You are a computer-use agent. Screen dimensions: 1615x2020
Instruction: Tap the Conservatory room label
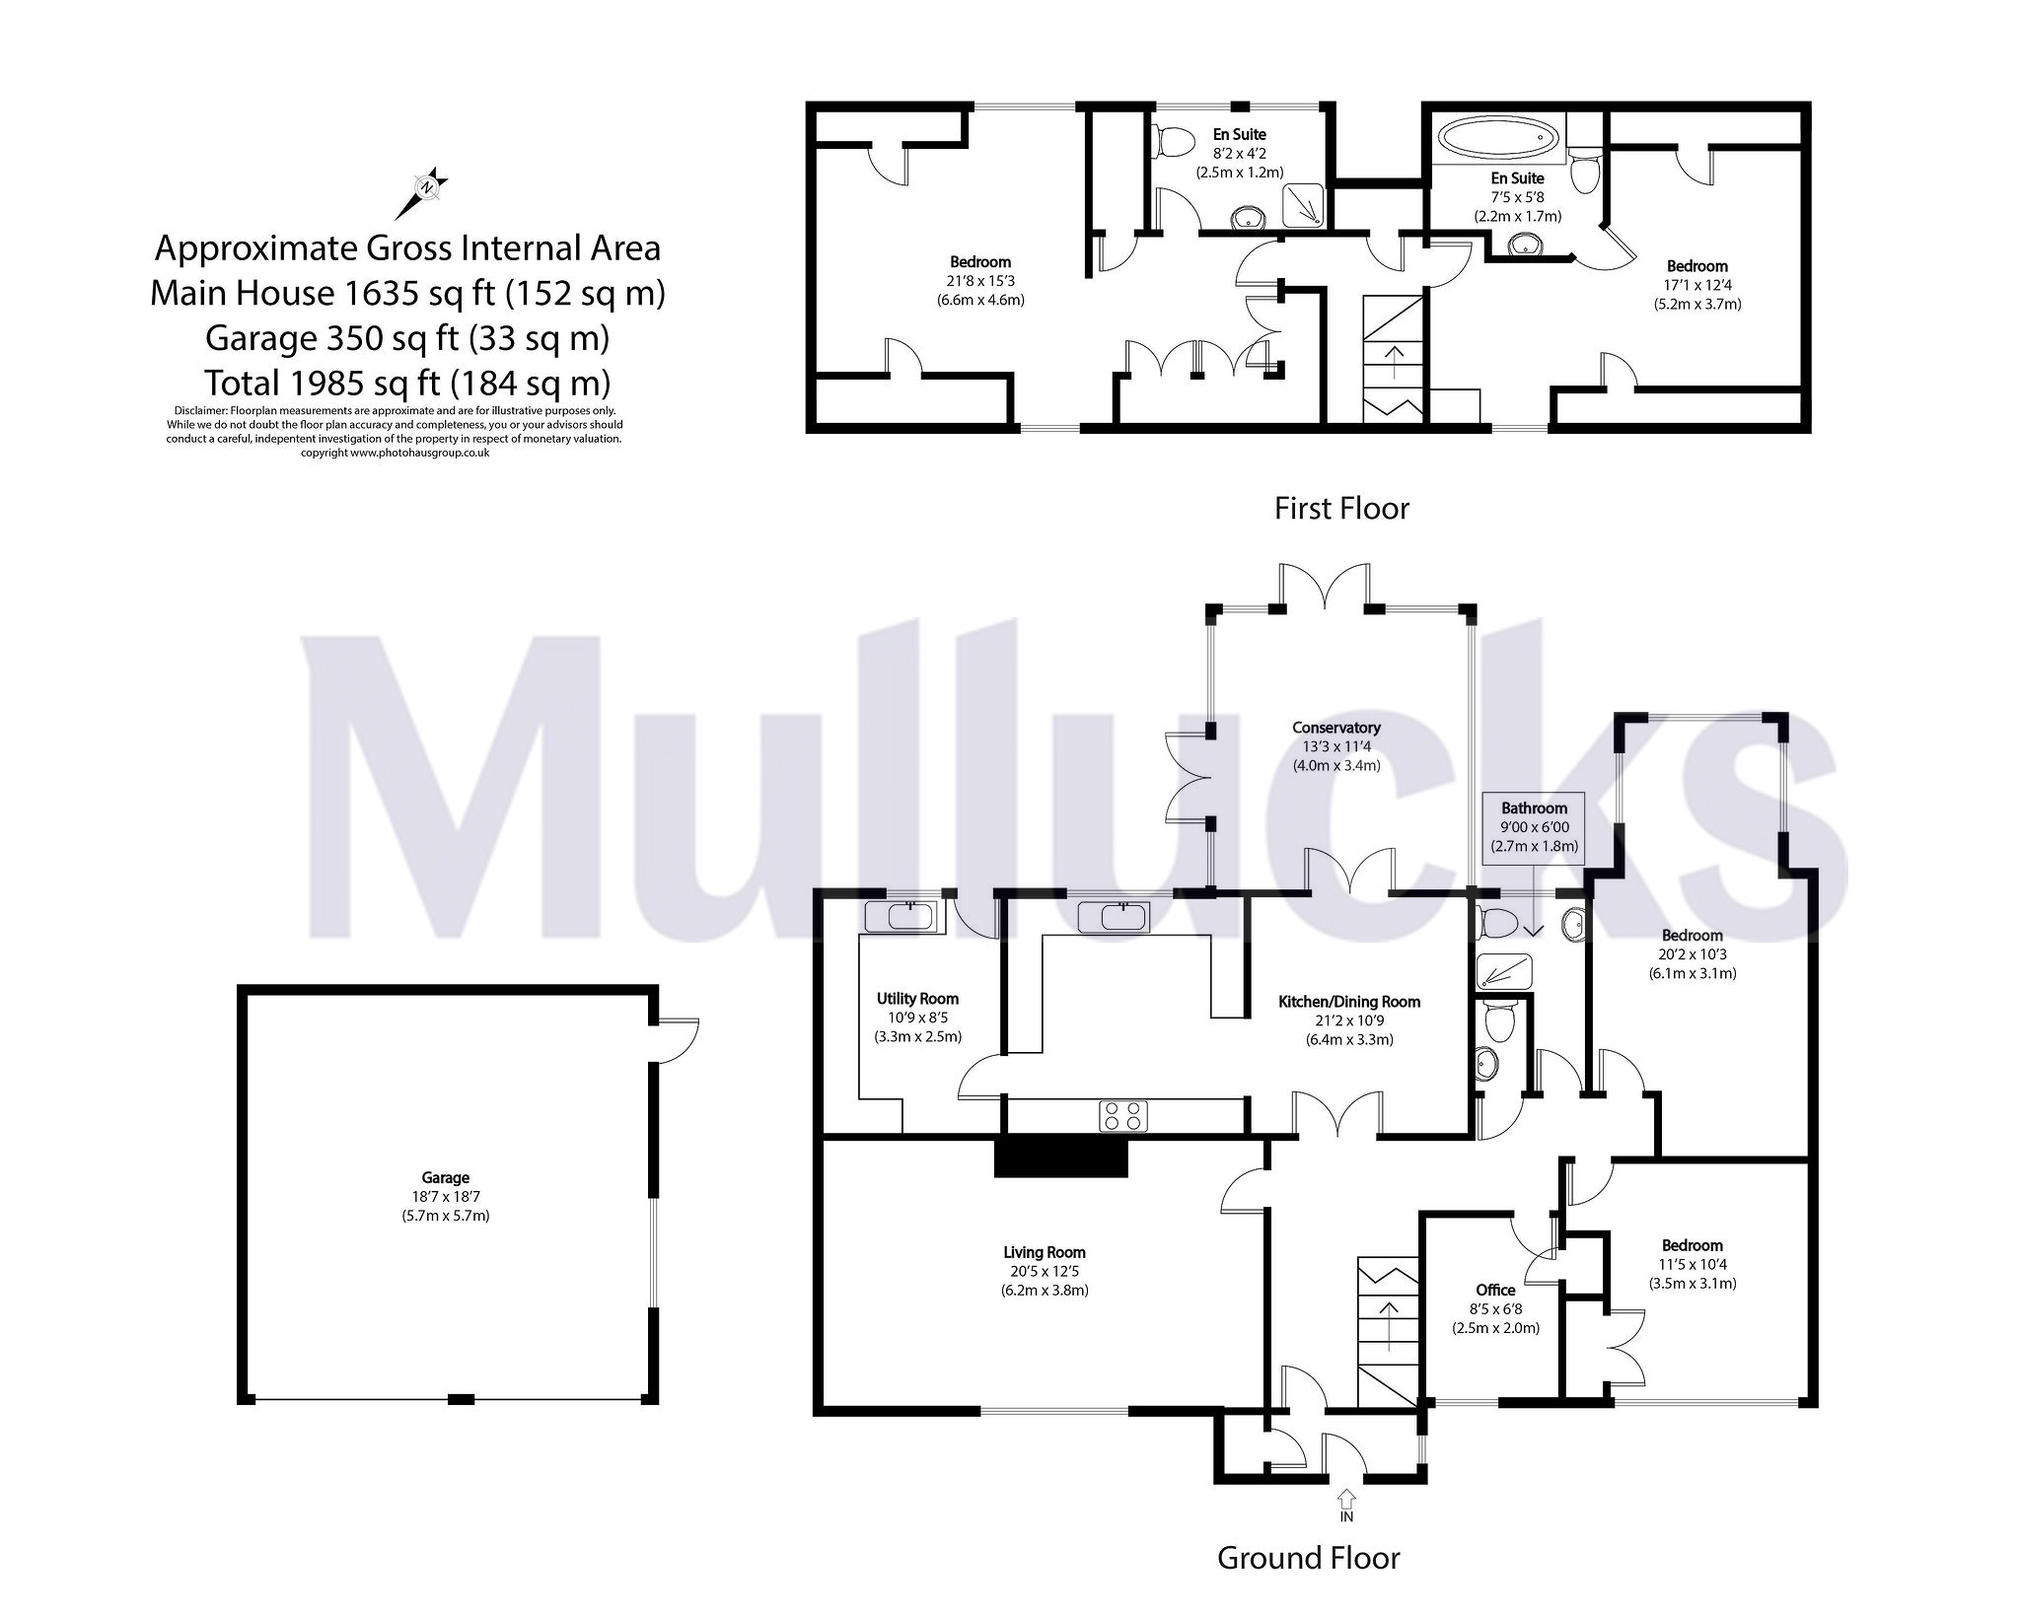(1335, 728)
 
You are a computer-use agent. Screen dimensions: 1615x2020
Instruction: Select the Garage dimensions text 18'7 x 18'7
(445, 1196)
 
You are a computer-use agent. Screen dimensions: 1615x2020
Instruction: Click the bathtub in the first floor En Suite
(1498, 139)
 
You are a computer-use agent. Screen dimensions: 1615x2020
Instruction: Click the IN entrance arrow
(1346, 1500)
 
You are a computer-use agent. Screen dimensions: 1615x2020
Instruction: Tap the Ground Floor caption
(1308, 1558)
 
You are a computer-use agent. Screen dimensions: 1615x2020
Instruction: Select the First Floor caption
(1341, 508)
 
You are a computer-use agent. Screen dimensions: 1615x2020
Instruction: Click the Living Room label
(1045, 1253)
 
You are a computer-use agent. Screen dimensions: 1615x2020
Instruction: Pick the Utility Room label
(917, 999)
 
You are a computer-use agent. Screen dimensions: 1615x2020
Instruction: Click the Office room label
(1495, 1290)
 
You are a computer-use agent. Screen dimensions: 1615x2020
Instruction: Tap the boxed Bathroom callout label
(1534, 808)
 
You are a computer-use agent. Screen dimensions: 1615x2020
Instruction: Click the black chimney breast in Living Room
(1060, 1156)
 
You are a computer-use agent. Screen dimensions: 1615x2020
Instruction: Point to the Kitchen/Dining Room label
(1348, 1002)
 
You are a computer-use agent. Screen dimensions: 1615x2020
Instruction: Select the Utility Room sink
(900, 917)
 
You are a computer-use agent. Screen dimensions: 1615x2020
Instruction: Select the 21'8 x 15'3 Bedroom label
(979, 262)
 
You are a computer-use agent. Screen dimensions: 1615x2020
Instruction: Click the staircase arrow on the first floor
(1395, 361)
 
